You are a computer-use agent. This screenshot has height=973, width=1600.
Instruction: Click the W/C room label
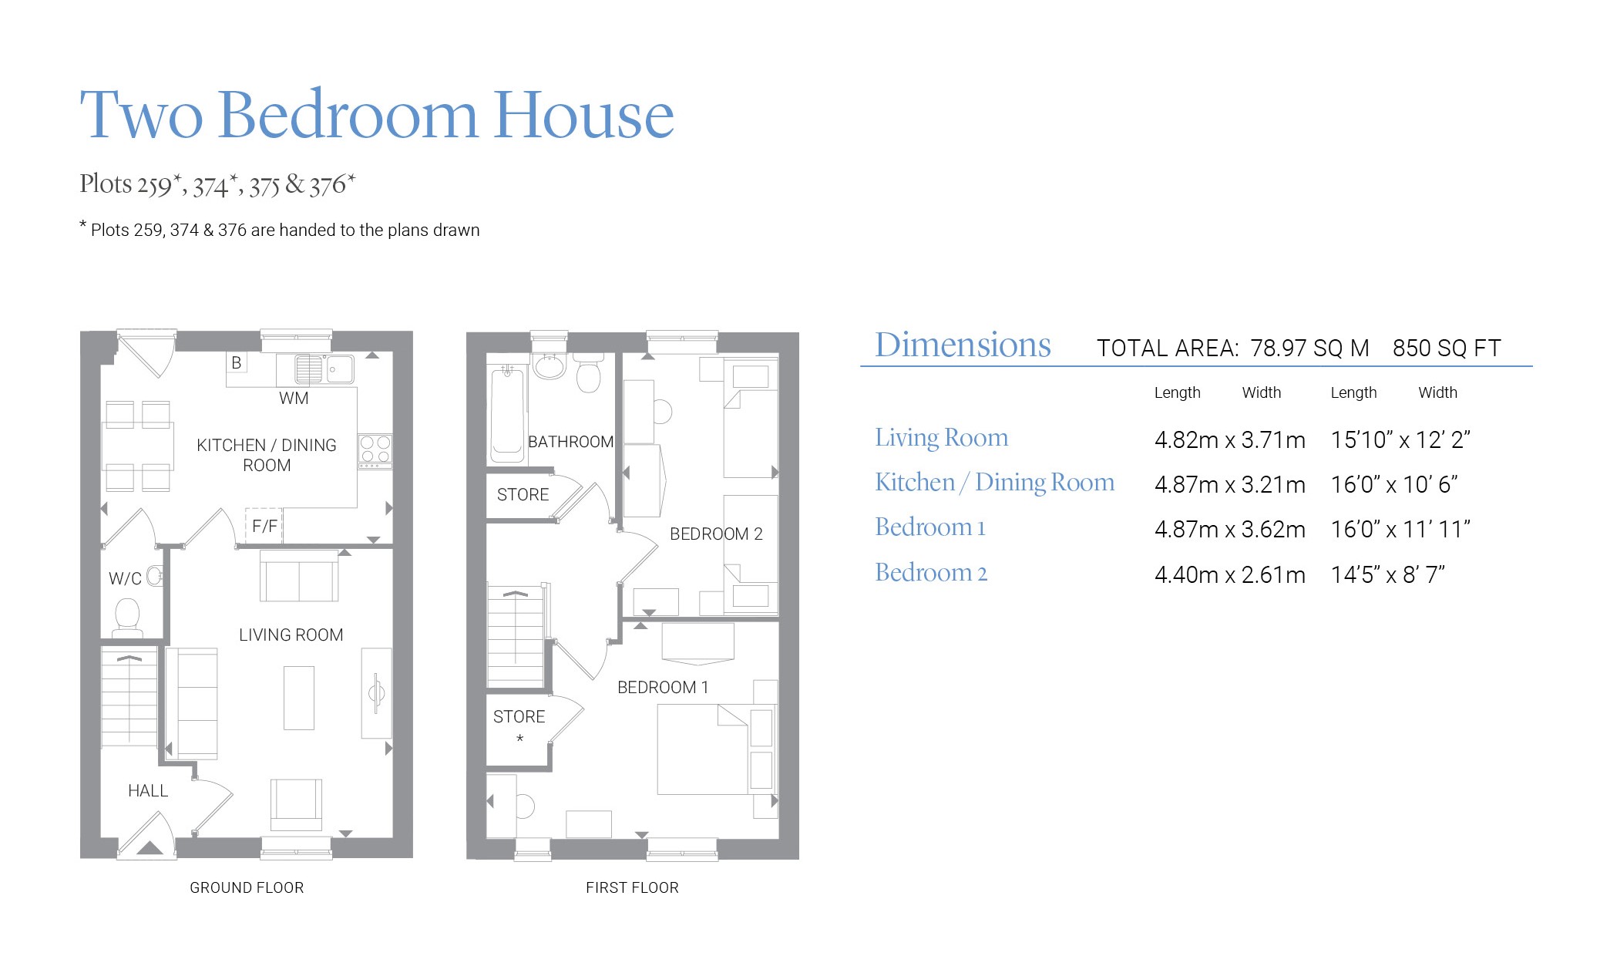click(x=125, y=578)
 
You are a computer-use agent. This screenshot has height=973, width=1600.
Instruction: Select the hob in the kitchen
click(x=375, y=451)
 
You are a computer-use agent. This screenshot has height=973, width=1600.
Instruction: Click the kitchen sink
click(x=324, y=369)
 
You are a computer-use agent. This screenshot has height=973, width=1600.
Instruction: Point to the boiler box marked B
click(x=237, y=362)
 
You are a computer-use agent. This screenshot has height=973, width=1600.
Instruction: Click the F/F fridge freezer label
click(x=264, y=527)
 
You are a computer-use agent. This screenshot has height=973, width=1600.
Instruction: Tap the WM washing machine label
click(x=294, y=399)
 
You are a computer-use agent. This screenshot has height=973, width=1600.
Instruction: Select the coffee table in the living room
click(x=299, y=698)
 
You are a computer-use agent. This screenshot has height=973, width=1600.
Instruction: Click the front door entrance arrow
click(x=150, y=847)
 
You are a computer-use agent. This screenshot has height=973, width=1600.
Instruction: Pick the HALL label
click(x=148, y=791)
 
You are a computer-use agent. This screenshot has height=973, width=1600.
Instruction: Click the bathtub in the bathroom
click(x=507, y=415)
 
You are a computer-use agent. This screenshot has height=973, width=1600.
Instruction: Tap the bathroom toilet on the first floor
click(x=589, y=373)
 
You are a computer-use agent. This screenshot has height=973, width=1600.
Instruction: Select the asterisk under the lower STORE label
click(x=520, y=739)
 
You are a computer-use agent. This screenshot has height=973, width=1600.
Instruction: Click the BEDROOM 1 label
click(x=663, y=688)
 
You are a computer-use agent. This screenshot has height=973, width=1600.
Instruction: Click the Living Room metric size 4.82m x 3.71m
click(x=1230, y=440)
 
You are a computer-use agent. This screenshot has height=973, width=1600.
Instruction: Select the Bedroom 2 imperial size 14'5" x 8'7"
click(x=1387, y=575)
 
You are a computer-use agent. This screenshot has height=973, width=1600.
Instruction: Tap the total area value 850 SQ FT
click(x=1447, y=348)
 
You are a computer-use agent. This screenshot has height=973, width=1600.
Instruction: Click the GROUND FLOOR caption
click(x=247, y=888)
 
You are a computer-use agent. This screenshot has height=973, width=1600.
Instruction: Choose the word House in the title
click(x=583, y=115)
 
